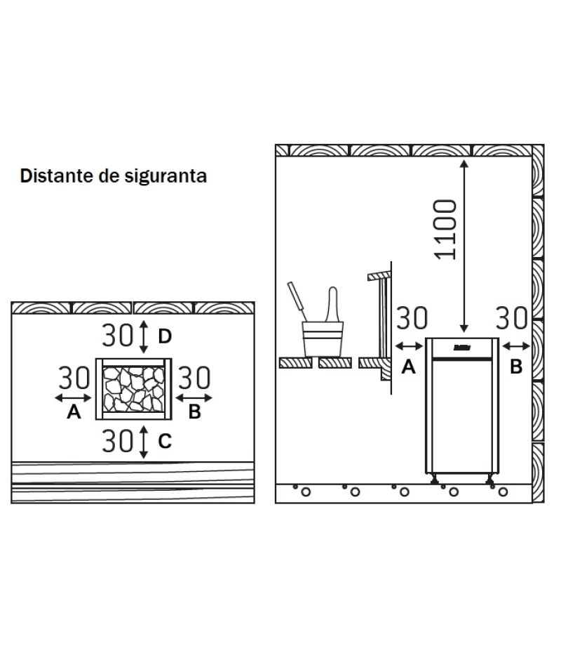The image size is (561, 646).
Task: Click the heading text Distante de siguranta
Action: pyautogui.click(x=114, y=176)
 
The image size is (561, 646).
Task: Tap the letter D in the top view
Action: pyautogui.click(x=164, y=336)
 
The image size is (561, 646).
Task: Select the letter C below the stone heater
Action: pyautogui.click(x=164, y=441)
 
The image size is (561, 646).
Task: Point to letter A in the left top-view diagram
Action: pyautogui.click(x=74, y=413)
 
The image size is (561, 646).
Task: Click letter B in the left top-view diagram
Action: pyautogui.click(x=194, y=413)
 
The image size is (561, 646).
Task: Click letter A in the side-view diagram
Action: pyautogui.click(x=408, y=366)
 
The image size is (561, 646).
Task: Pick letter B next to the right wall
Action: pyautogui.click(x=515, y=366)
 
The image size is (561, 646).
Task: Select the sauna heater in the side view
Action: pyautogui.click(x=463, y=407)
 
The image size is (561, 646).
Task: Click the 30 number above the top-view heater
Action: pyautogui.click(x=117, y=336)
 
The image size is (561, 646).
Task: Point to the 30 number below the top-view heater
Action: pyautogui.click(x=117, y=440)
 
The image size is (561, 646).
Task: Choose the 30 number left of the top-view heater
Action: pyautogui.click(x=74, y=379)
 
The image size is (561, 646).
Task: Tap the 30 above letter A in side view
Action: pyautogui.click(x=412, y=318)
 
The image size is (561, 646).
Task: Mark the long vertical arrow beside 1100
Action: pyautogui.click(x=464, y=246)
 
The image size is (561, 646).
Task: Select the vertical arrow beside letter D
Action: pyautogui.click(x=143, y=336)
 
